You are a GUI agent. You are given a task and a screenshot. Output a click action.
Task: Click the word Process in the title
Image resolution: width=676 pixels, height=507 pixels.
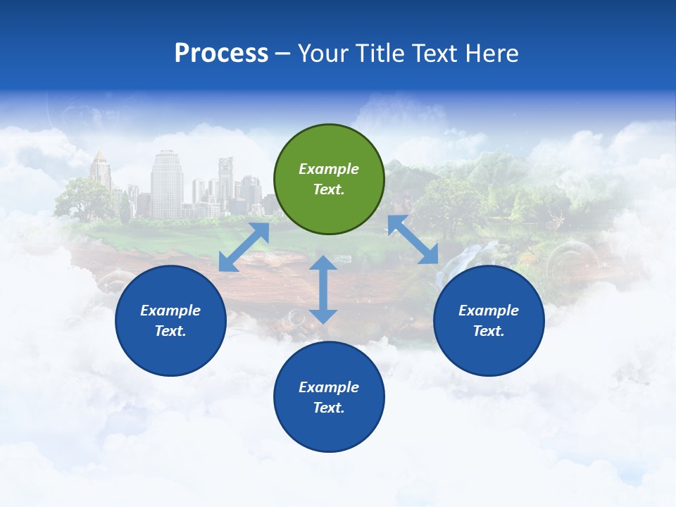coord(221,54)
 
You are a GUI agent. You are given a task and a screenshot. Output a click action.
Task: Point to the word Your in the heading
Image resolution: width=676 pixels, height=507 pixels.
coord(325,54)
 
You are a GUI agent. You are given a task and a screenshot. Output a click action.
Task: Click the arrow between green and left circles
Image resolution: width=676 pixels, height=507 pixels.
coord(244,247)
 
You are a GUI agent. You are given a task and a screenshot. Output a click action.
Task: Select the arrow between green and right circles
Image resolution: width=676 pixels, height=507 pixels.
coord(413,239)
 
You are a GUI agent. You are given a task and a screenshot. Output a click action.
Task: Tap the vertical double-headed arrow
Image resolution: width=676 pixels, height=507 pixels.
coord(323,289)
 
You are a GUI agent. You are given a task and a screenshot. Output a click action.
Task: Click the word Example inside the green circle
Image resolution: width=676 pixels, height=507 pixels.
coord(329,169)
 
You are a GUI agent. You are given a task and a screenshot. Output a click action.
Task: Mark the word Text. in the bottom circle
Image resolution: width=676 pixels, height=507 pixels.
coord(329,408)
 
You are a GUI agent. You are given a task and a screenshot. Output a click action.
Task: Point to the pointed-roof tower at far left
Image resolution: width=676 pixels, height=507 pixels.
coord(100,170)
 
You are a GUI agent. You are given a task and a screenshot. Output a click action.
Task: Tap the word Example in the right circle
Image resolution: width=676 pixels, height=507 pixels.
coord(489,311)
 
